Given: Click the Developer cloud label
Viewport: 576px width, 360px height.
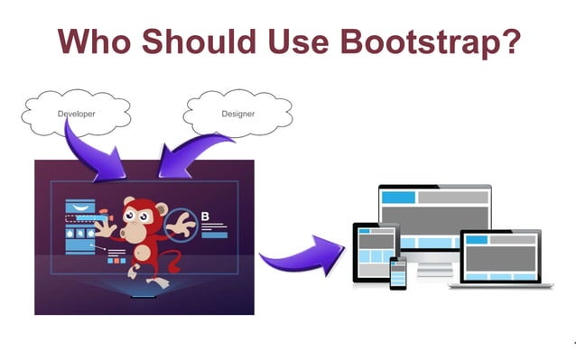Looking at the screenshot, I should click(76, 115).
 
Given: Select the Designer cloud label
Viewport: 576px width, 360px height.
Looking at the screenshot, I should click(237, 114).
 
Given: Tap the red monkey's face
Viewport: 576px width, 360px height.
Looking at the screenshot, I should click(144, 217).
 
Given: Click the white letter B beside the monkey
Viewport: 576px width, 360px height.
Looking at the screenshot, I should click(205, 217).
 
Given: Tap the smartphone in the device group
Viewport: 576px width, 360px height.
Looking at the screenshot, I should click(397, 273).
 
